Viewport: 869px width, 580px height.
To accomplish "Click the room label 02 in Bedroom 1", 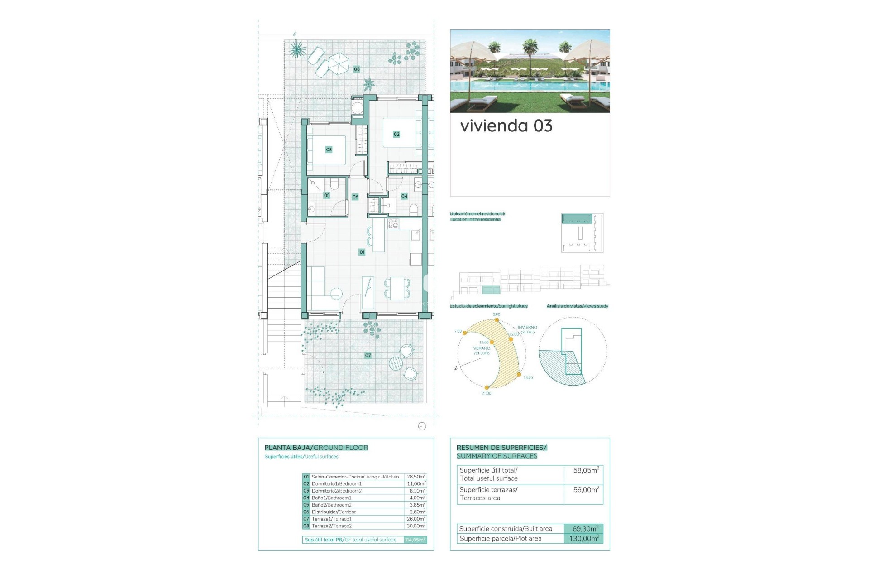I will pos(396,134).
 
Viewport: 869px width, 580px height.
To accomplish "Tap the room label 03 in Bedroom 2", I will pos(329,150).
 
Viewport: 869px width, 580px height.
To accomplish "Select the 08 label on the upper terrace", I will pos(357,69).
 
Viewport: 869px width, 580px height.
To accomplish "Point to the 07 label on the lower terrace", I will pos(368,356).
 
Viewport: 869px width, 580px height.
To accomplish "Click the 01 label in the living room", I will pos(362,252).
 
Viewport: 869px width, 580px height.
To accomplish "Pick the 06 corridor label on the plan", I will pos(355,197).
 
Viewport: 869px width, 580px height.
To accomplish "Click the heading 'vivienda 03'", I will pos(506,126).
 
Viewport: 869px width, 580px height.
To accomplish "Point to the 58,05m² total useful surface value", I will pos(586,470).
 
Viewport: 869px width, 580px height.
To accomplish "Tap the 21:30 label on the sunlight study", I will pos(486,393).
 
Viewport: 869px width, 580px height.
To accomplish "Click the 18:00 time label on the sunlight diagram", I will pos(528,377).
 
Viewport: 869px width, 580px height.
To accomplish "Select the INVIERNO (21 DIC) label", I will pos(527,329).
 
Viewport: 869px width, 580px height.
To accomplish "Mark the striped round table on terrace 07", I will pos(396,363).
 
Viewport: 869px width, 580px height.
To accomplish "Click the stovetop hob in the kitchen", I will pos(393,224).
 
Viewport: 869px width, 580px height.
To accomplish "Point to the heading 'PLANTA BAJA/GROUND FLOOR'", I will pos(316,448).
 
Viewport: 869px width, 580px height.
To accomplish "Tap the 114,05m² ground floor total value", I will pos(415,540).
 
